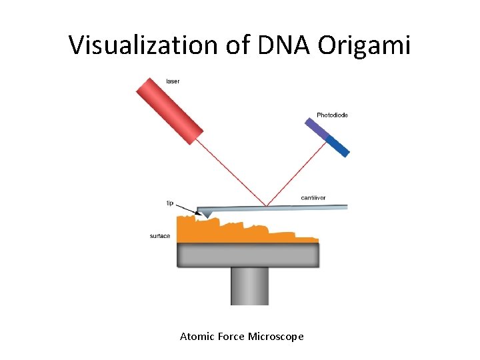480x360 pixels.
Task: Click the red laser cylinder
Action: (169, 110)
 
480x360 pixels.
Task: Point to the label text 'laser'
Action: (173, 81)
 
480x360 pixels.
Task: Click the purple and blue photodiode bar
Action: (327, 137)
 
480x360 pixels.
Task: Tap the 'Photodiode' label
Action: (332, 115)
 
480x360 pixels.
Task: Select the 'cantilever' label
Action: (313, 197)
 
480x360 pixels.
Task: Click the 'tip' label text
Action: (169, 203)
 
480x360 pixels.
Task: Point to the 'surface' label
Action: (160, 236)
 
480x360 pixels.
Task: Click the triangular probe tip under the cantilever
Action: (207, 213)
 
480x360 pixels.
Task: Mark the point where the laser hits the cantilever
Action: (267, 206)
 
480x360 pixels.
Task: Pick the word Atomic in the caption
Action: (197, 337)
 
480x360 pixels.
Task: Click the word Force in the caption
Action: (231, 337)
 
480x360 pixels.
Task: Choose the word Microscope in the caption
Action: (275, 337)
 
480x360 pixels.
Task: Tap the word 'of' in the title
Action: (238, 45)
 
